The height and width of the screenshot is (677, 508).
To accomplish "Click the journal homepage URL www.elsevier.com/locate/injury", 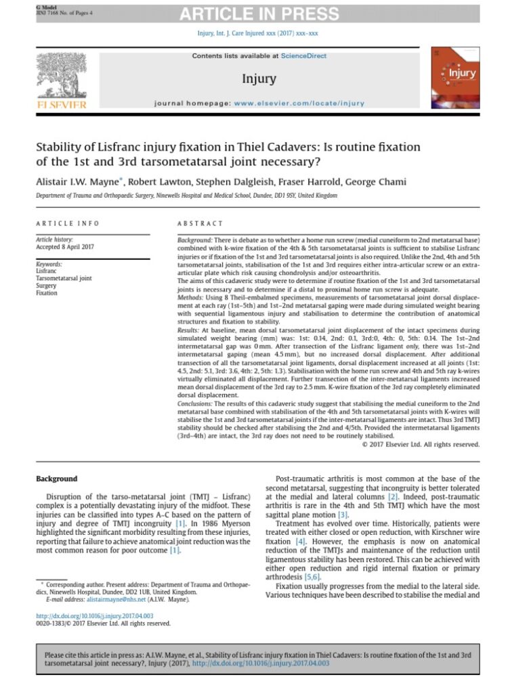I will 300,104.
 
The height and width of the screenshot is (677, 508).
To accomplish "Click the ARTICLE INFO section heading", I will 68,223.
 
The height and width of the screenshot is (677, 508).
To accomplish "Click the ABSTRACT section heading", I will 200,223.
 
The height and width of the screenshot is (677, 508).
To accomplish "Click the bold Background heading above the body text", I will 57,479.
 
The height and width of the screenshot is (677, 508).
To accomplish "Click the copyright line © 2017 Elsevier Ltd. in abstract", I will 421,444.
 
